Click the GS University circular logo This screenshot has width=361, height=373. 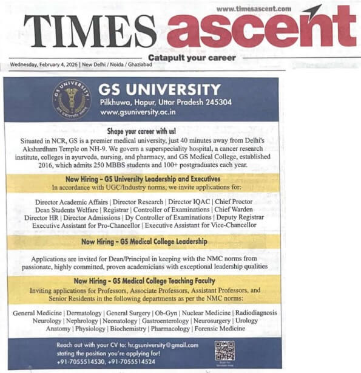click(x=72, y=99)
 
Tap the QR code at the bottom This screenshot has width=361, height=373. click(x=224, y=351)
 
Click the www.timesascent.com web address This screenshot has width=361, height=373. click(x=254, y=9)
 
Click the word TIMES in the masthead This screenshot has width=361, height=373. click(x=90, y=31)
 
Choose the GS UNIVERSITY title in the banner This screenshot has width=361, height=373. click(x=160, y=89)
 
